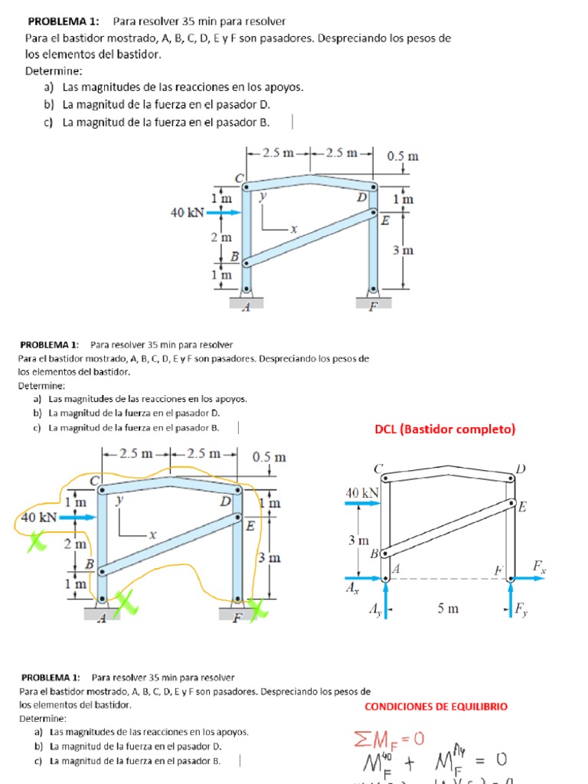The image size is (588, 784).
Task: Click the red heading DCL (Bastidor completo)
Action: coord(445,430)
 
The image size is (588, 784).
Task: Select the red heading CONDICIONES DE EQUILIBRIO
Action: coord(436,707)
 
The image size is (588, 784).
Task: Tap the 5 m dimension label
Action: coord(449,609)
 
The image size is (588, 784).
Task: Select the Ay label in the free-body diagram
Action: coord(374,609)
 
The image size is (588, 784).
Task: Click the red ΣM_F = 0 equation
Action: coord(388,739)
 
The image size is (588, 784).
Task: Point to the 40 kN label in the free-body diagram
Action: coord(362,493)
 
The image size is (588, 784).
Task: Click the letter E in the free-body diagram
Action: coord(522,507)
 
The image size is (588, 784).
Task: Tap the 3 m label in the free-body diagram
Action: coord(359,541)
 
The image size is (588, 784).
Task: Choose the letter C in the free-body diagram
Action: coord(378,468)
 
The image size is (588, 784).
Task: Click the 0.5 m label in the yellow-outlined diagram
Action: coord(269,457)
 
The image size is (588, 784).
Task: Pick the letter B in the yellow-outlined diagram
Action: coord(89,563)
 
